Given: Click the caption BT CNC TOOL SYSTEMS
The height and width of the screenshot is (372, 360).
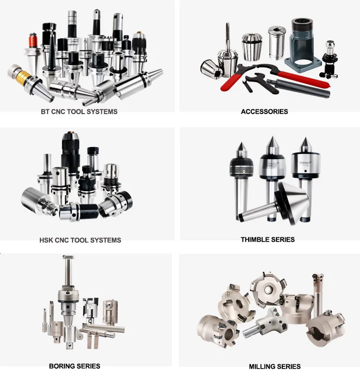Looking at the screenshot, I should pos(79,112).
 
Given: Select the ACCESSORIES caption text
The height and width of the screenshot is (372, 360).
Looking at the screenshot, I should pos(264,112).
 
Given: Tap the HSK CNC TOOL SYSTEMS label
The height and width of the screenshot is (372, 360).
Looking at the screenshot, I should pos(80,240).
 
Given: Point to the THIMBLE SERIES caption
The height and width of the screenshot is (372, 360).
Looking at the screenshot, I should pos(268,239).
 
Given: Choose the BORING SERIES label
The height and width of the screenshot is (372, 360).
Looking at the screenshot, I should pos(75,366).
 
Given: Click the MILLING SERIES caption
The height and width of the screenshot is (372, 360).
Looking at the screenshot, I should pos(275,366).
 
